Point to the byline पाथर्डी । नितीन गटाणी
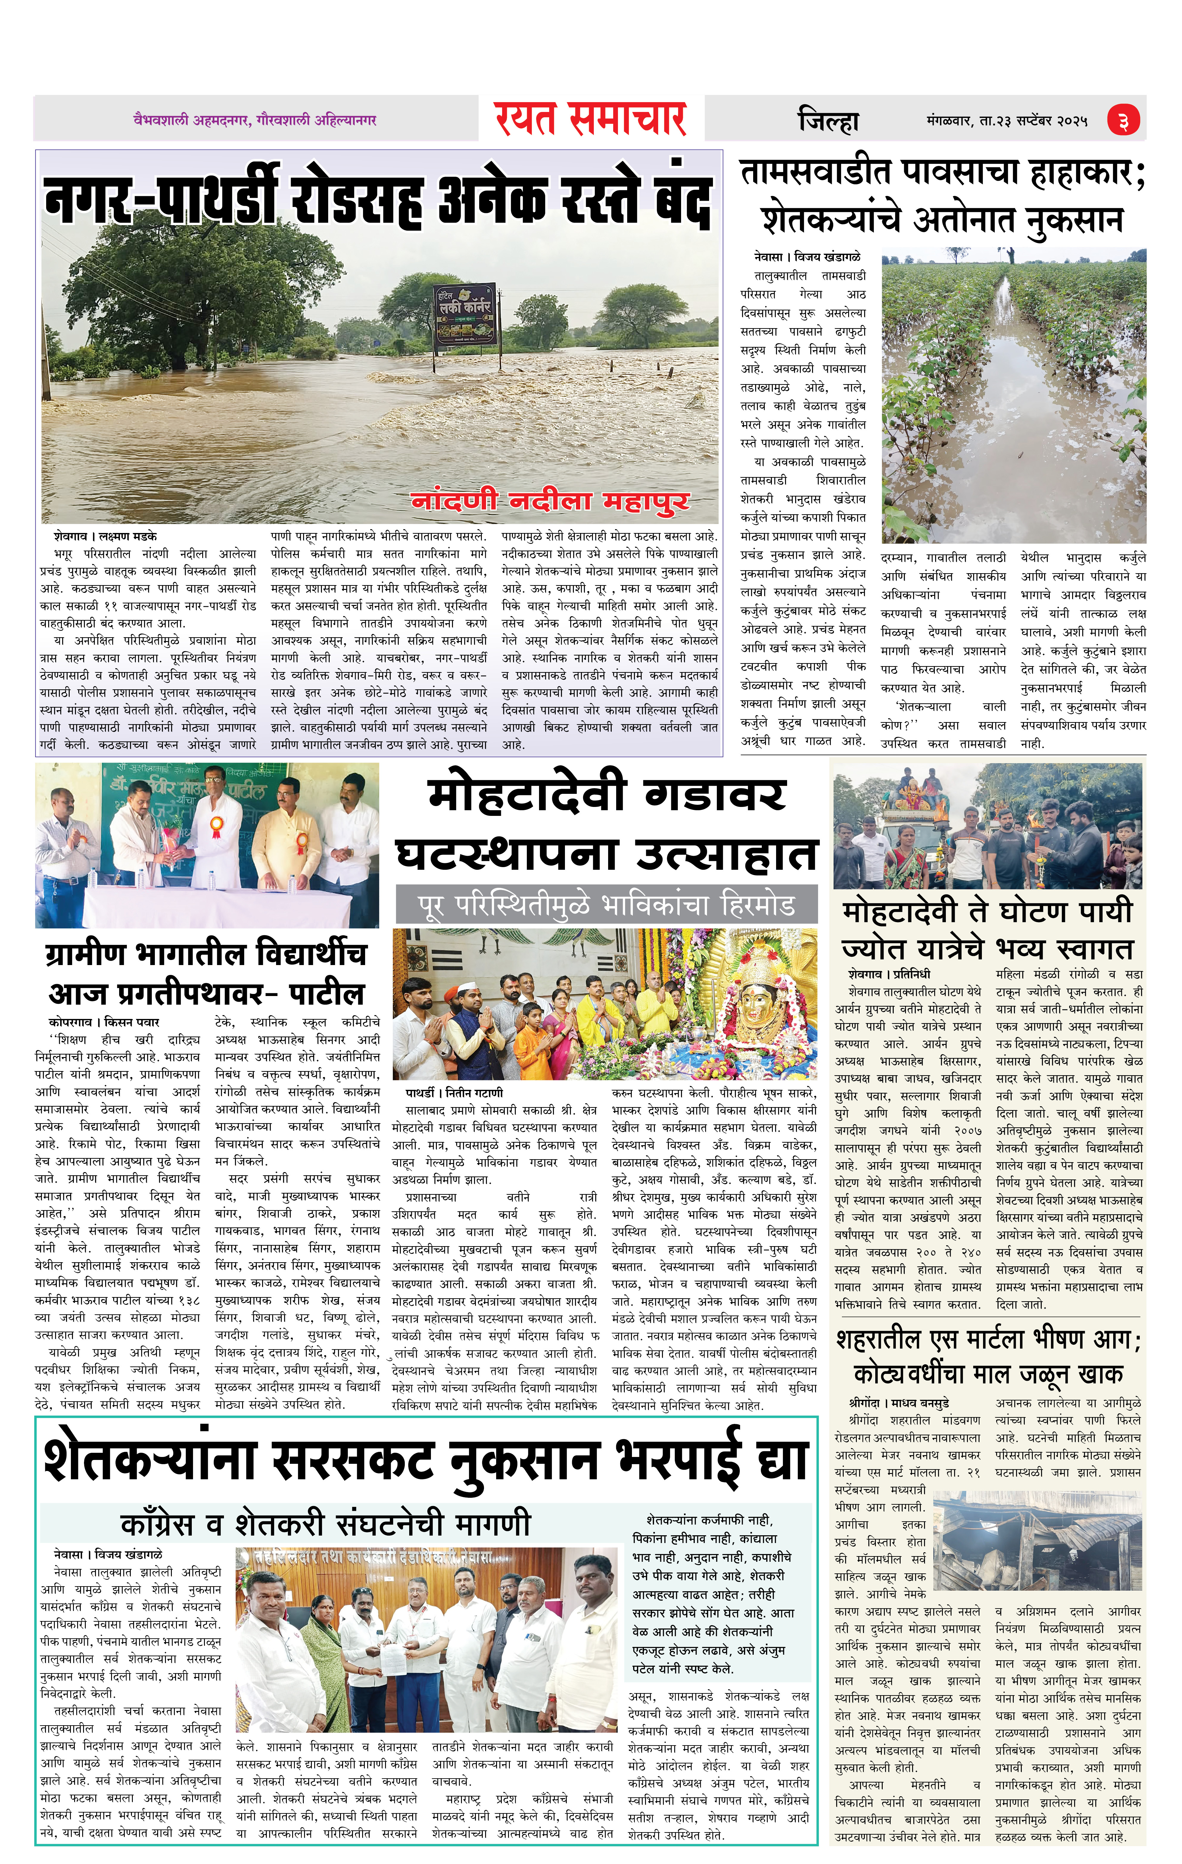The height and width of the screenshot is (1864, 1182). [454, 1093]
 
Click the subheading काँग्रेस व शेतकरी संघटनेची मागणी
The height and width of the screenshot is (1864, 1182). [326, 1524]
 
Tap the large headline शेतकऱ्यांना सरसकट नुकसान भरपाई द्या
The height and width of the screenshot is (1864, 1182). [426, 1461]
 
